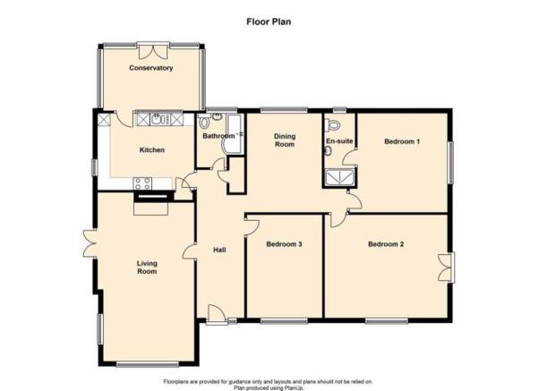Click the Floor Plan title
[269, 21]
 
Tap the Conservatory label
[151, 68]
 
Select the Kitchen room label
[152, 150]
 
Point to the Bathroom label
[218, 136]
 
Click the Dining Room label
[285, 140]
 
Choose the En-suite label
[339, 141]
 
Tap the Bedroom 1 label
[402, 141]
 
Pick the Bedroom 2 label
[386, 244]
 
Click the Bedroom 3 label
[284, 244]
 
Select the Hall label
[219, 250]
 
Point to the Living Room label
[147, 268]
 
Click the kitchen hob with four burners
[142, 183]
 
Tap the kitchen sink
[158, 119]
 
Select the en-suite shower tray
[339, 178]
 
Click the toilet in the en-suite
[332, 124]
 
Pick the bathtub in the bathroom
[234, 134]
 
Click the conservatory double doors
[153, 50]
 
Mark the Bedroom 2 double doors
[447, 268]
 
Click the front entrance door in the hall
[217, 314]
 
